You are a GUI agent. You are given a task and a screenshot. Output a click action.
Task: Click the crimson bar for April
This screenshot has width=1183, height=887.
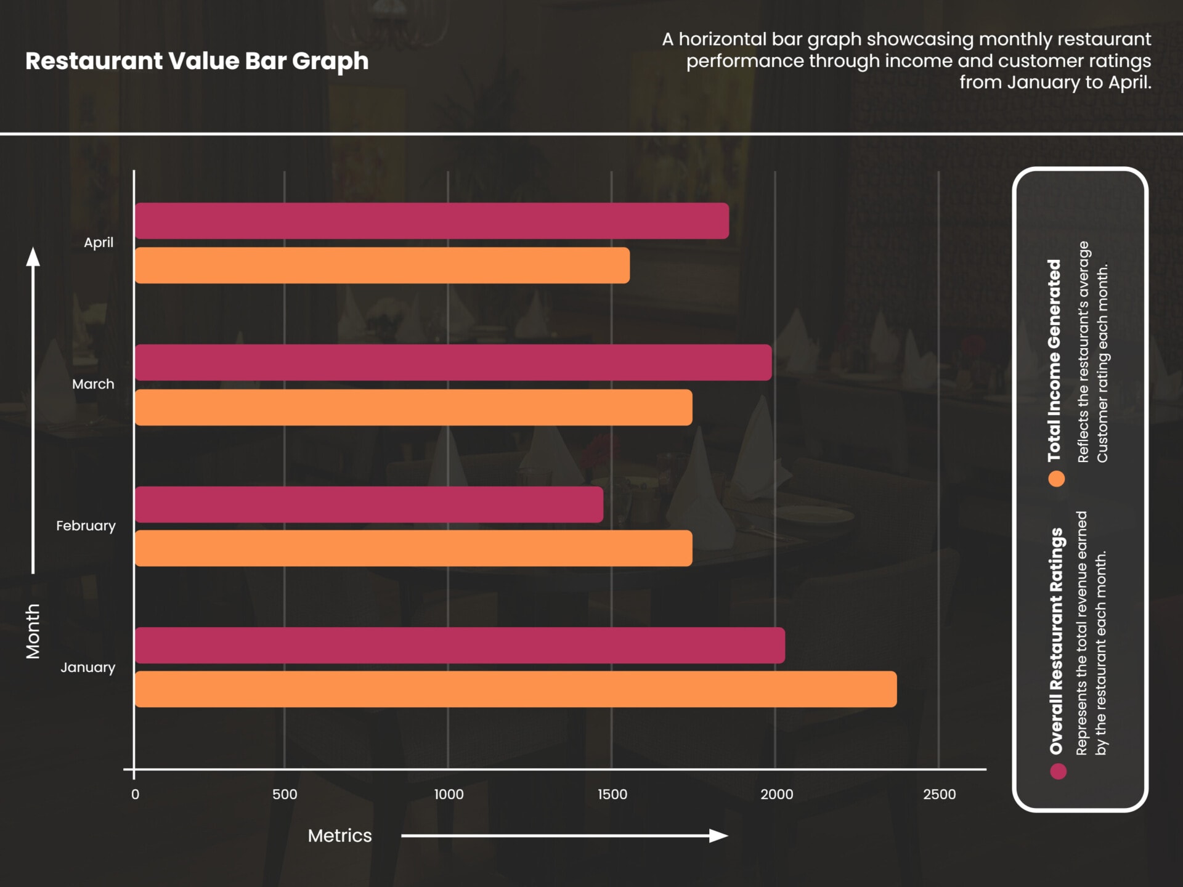tap(431, 221)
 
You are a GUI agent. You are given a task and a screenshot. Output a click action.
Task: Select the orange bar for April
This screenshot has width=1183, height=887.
tap(382, 265)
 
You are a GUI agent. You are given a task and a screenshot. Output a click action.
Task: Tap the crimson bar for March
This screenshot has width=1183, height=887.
tap(453, 362)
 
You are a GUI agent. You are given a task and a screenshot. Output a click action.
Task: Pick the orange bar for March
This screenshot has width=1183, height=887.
tap(413, 407)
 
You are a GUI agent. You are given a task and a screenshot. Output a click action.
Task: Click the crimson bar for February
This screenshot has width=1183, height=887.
tap(368, 504)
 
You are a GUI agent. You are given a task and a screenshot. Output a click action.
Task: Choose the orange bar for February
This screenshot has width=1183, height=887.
tap(413, 548)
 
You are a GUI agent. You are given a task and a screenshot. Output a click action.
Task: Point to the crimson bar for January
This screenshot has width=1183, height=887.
tap(460, 646)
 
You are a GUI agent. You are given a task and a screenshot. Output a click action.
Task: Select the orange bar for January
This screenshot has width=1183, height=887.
tap(515, 689)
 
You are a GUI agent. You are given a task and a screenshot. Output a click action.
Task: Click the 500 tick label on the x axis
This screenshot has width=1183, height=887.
tap(285, 795)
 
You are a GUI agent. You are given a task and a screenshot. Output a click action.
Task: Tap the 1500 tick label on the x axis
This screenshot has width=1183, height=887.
tap(612, 795)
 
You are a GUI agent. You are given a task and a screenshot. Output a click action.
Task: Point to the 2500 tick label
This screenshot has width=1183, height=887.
tap(939, 795)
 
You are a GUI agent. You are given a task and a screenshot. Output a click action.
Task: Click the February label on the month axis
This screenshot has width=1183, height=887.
tap(86, 526)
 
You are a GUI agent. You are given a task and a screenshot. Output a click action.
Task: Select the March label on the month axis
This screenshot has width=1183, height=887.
tap(93, 384)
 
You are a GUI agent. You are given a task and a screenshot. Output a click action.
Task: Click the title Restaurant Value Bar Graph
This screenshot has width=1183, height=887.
tap(197, 61)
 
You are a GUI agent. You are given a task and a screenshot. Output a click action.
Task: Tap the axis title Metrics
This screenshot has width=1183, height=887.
tap(339, 836)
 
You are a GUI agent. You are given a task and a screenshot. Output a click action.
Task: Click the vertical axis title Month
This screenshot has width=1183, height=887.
tap(33, 631)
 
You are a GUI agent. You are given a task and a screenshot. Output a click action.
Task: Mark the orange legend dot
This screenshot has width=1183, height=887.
tap(1057, 479)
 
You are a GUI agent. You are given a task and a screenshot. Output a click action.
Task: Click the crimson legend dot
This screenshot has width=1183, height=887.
tap(1058, 771)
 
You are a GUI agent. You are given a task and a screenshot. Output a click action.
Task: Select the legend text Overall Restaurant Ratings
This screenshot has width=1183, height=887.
tap(1056, 641)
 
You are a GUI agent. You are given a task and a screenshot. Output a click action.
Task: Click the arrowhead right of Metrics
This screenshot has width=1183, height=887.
tap(718, 836)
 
